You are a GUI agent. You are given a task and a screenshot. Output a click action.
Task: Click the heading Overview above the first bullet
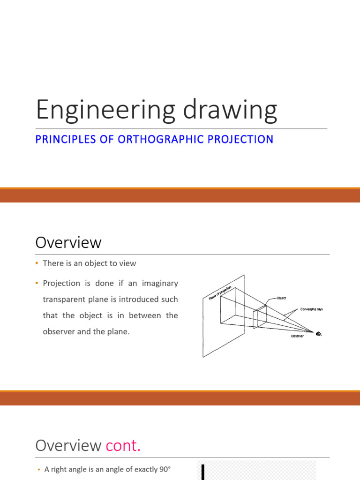click(68, 243)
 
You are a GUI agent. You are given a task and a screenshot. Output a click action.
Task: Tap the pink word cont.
click(123, 446)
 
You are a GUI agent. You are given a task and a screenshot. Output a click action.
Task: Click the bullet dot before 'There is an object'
click(37, 263)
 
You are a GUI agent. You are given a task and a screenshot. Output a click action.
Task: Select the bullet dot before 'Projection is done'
click(37, 283)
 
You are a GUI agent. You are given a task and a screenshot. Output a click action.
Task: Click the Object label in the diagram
click(281, 298)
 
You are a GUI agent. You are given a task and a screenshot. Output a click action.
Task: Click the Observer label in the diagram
click(297, 336)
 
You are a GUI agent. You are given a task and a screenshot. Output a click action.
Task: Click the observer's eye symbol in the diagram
click(319, 334)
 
